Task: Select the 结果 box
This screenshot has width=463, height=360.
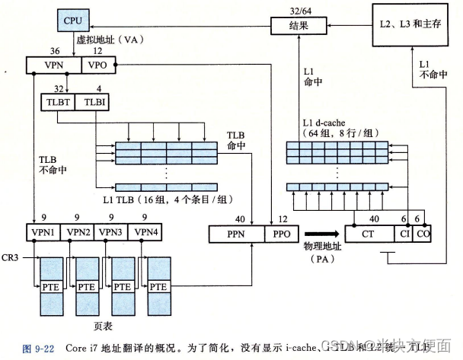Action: tap(298, 27)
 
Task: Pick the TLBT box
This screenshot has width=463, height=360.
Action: tap(56, 101)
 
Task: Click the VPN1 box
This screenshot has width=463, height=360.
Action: tap(45, 232)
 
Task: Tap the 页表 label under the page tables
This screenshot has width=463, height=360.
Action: tap(106, 323)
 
